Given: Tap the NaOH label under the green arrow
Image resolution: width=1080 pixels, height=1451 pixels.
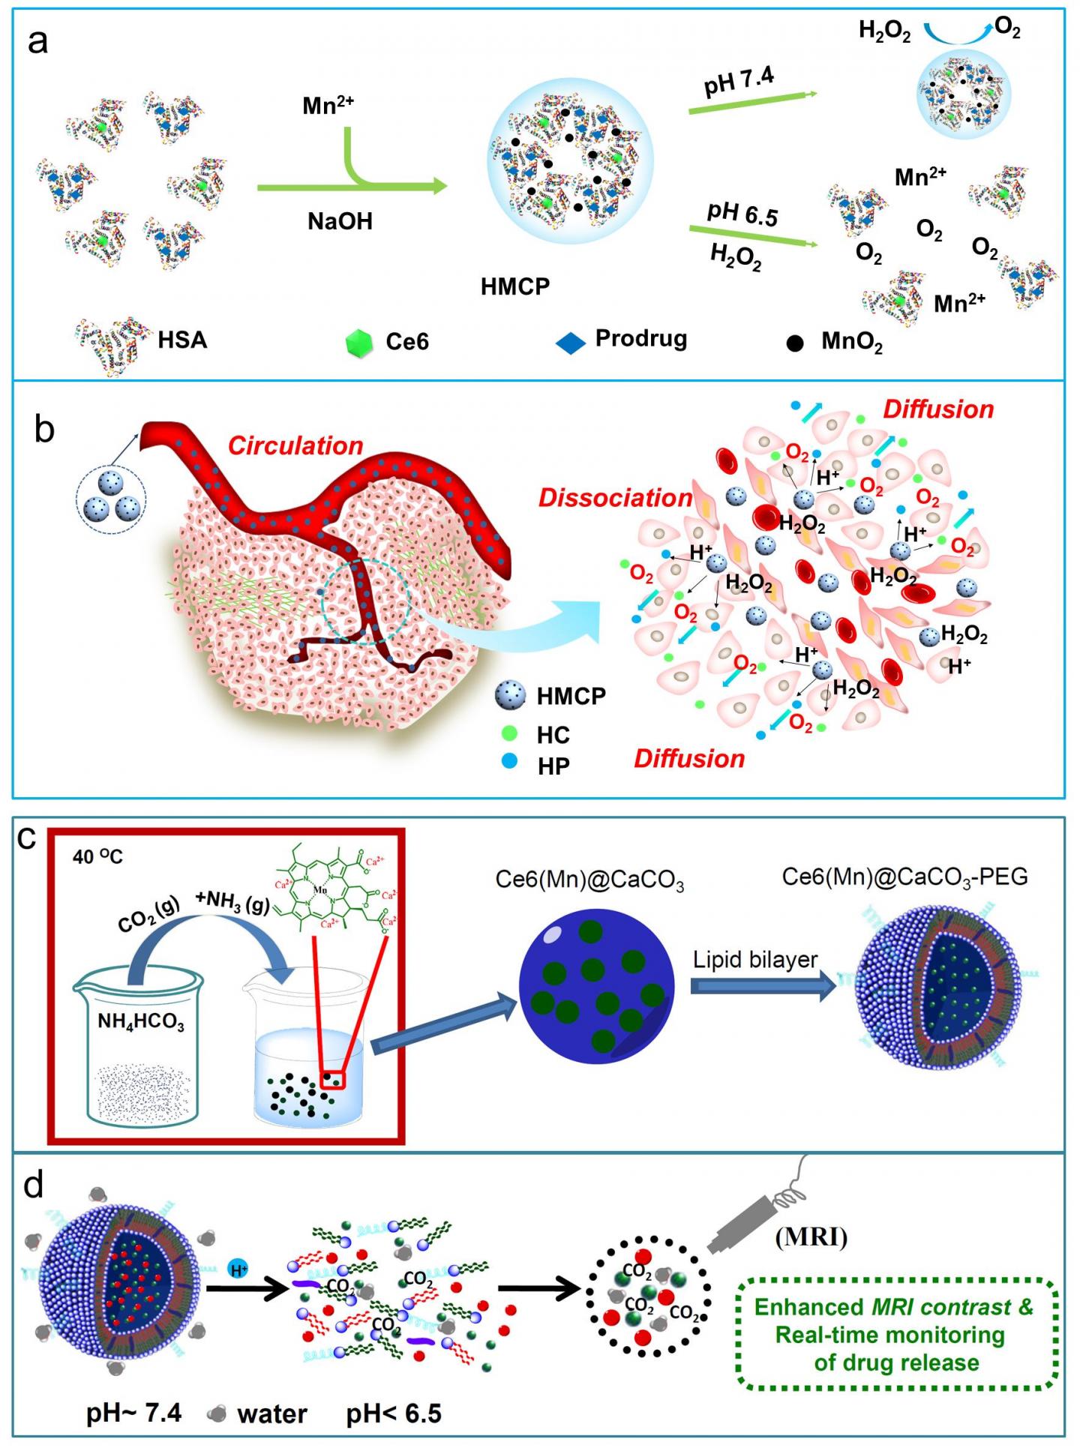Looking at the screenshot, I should point(340,221).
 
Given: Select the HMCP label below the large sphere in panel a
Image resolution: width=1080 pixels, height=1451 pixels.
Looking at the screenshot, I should point(515,286).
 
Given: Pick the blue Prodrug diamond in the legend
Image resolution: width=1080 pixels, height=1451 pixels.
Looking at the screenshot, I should point(571,343).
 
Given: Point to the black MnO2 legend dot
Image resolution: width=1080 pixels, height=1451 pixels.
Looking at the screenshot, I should point(795,343).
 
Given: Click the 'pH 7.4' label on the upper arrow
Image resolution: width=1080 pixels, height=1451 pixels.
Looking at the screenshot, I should point(739,81).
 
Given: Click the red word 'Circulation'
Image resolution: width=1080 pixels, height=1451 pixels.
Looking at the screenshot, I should point(295,445).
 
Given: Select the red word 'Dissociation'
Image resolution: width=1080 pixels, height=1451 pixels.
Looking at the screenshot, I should point(615,498).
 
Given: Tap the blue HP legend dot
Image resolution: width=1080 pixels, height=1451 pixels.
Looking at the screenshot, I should point(510,763).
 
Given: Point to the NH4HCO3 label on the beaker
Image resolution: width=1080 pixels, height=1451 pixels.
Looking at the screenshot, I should point(141,1022).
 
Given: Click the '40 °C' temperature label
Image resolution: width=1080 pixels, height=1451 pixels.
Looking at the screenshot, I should point(97,856).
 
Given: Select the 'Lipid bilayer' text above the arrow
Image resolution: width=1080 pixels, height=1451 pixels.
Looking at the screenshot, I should point(755,960).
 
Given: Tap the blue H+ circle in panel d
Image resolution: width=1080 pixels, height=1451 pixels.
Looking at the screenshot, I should point(238,1270).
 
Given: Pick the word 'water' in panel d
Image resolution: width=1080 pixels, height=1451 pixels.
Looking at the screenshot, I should point(272,1413).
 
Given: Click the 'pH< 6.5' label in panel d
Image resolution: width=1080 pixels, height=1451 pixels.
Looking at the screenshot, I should point(394,1413).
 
